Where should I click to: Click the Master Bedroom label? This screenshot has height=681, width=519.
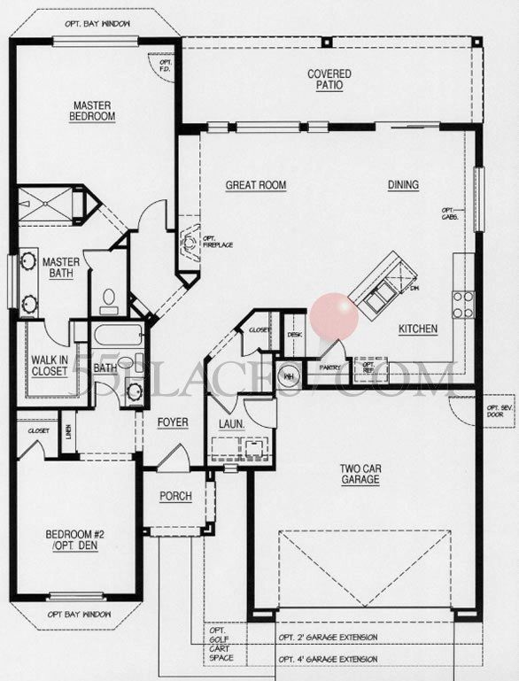(94, 110)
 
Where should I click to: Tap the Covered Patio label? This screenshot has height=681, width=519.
(329, 80)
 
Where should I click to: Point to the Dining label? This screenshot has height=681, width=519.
(403, 185)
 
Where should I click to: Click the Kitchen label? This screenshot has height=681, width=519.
(417, 329)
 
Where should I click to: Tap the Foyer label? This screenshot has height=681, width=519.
(173, 422)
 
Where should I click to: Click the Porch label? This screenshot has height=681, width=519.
(175, 496)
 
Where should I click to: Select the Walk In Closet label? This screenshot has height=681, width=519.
(50, 366)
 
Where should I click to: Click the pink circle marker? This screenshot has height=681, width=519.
(335, 317)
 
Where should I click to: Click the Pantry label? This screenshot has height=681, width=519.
(329, 365)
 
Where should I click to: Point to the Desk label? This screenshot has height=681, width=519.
(296, 334)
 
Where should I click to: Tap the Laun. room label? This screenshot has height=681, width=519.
(231, 424)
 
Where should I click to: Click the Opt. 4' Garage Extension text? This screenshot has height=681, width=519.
(328, 659)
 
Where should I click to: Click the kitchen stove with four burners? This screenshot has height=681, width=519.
(462, 305)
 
